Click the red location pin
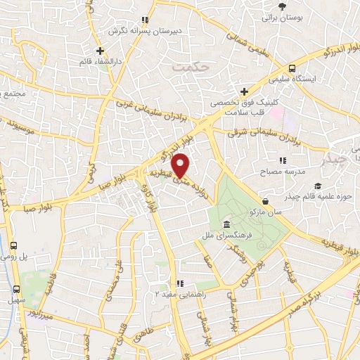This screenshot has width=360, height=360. coord(181,167)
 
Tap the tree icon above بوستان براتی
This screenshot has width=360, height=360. coord(282,6)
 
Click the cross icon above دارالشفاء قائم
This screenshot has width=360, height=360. coord(101,51)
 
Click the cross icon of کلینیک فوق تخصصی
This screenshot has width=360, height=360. coord(245,91)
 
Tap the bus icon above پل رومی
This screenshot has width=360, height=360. coord(15,245)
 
